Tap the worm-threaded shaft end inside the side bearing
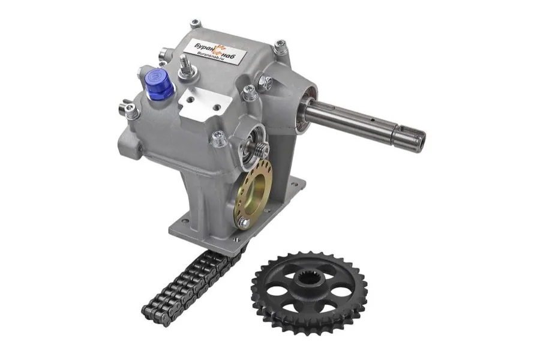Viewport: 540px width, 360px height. [260, 150]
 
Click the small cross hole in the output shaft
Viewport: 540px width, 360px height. [372, 121]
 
